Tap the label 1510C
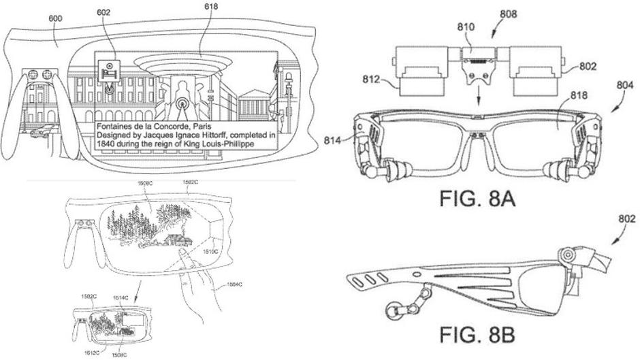coord(211,250)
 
